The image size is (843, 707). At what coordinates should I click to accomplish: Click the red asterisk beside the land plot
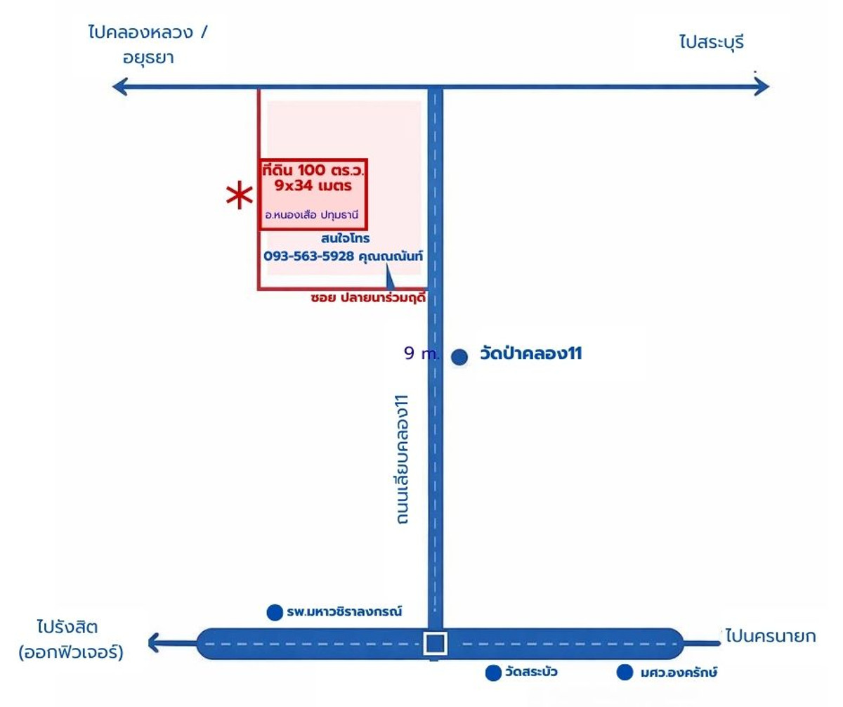(239, 196)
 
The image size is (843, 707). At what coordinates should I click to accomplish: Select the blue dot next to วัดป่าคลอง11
(459, 357)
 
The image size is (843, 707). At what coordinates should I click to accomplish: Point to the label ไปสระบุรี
(710, 43)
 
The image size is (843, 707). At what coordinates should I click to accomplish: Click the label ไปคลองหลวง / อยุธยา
(148, 44)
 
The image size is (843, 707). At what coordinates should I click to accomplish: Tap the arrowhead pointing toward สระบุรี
(762, 87)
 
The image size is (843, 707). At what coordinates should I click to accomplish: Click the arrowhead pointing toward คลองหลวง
(122, 87)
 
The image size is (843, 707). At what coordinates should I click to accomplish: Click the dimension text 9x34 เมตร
(313, 187)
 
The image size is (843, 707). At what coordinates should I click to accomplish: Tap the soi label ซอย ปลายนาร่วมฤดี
(368, 298)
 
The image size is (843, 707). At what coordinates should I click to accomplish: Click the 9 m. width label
(420, 354)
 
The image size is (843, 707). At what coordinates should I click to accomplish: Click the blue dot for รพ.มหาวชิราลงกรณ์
(275, 612)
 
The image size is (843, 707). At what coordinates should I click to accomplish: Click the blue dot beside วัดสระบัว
(493, 673)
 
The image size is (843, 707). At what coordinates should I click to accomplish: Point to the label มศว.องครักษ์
(679, 673)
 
